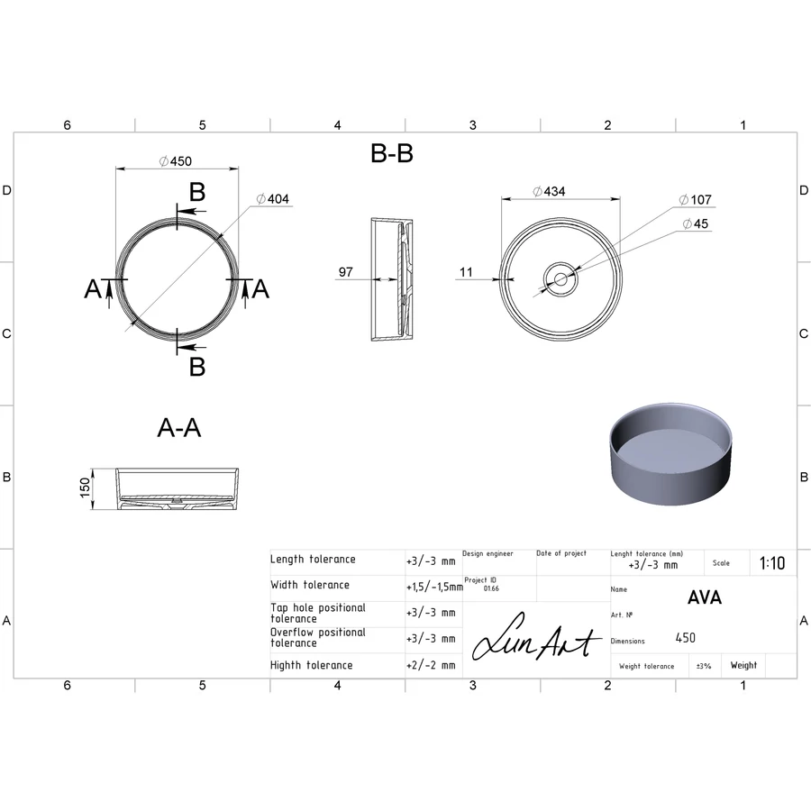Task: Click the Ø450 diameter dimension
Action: coord(176,161)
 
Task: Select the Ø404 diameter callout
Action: coord(272,199)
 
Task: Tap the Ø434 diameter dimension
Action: coord(549,191)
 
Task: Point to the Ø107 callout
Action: coord(695,200)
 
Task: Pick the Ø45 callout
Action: coord(695,223)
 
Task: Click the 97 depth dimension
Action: coord(345,272)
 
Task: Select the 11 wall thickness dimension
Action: coord(466,272)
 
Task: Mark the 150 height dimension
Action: coord(85,488)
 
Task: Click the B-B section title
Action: coord(392,153)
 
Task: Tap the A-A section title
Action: coord(179,428)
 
